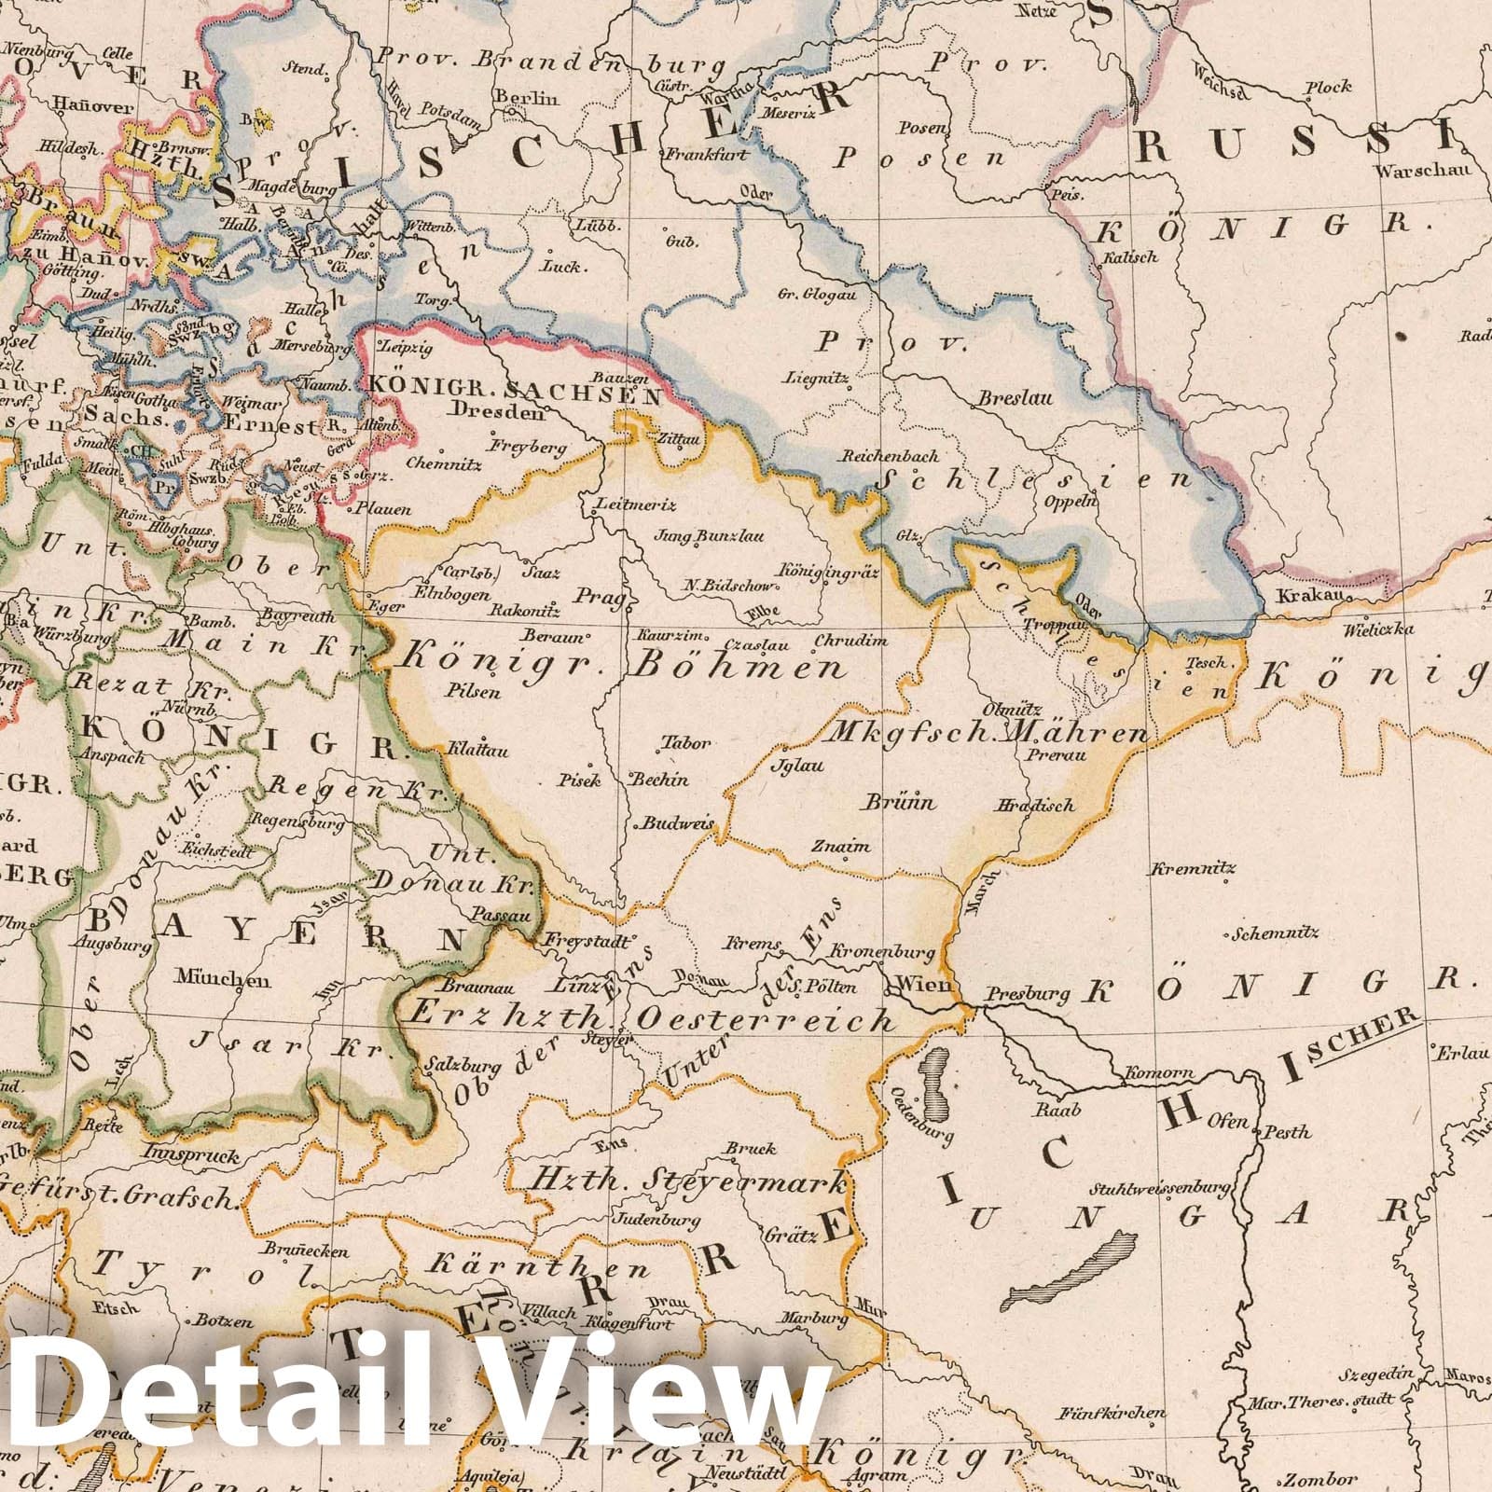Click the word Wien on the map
[x=923, y=985]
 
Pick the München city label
[x=222, y=980]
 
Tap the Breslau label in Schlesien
[x=1015, y=398]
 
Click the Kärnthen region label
[x=537, y=1267]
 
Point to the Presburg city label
[x=1028, y=995]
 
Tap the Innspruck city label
[x=180, y=1155]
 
